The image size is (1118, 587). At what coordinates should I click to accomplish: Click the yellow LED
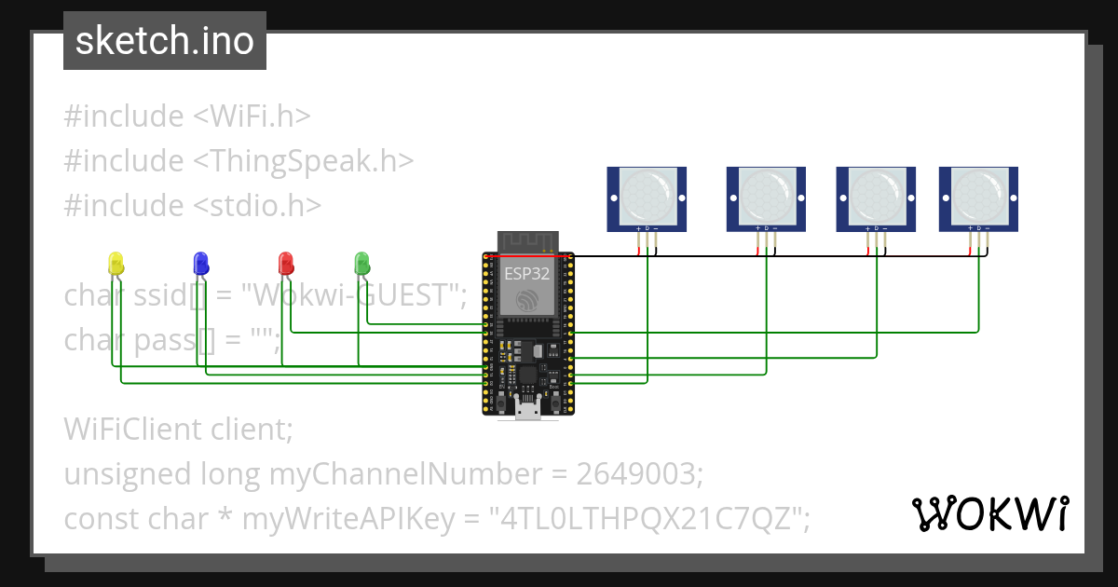pyautogui.click(x=116, y=263)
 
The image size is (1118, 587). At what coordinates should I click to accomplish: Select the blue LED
pyautogui.click(x=200, y=263)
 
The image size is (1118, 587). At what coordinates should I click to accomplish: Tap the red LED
pyautogui.click(x=287, y=263)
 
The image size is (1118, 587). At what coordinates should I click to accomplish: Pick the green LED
pyautogui.click(x=362, y=263)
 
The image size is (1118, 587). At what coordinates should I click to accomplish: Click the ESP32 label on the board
pyautogui.click(x=528, y=274)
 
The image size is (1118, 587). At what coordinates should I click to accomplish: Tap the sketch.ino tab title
pyautogui.click(x=165, y=41)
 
